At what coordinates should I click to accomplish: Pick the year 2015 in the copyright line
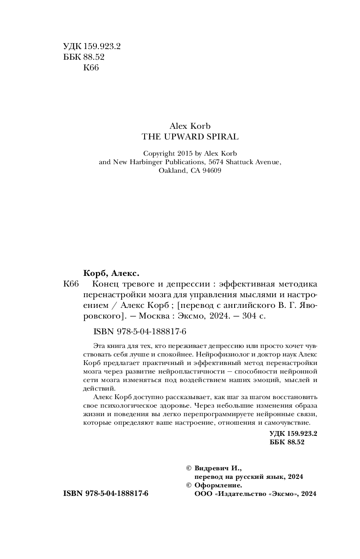pyautogui.click(x=184, y=154)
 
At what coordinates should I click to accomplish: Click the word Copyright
pyautogui.click(x=159, y=154)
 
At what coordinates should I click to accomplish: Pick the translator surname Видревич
pyautogui.click(x=214, y=468)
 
